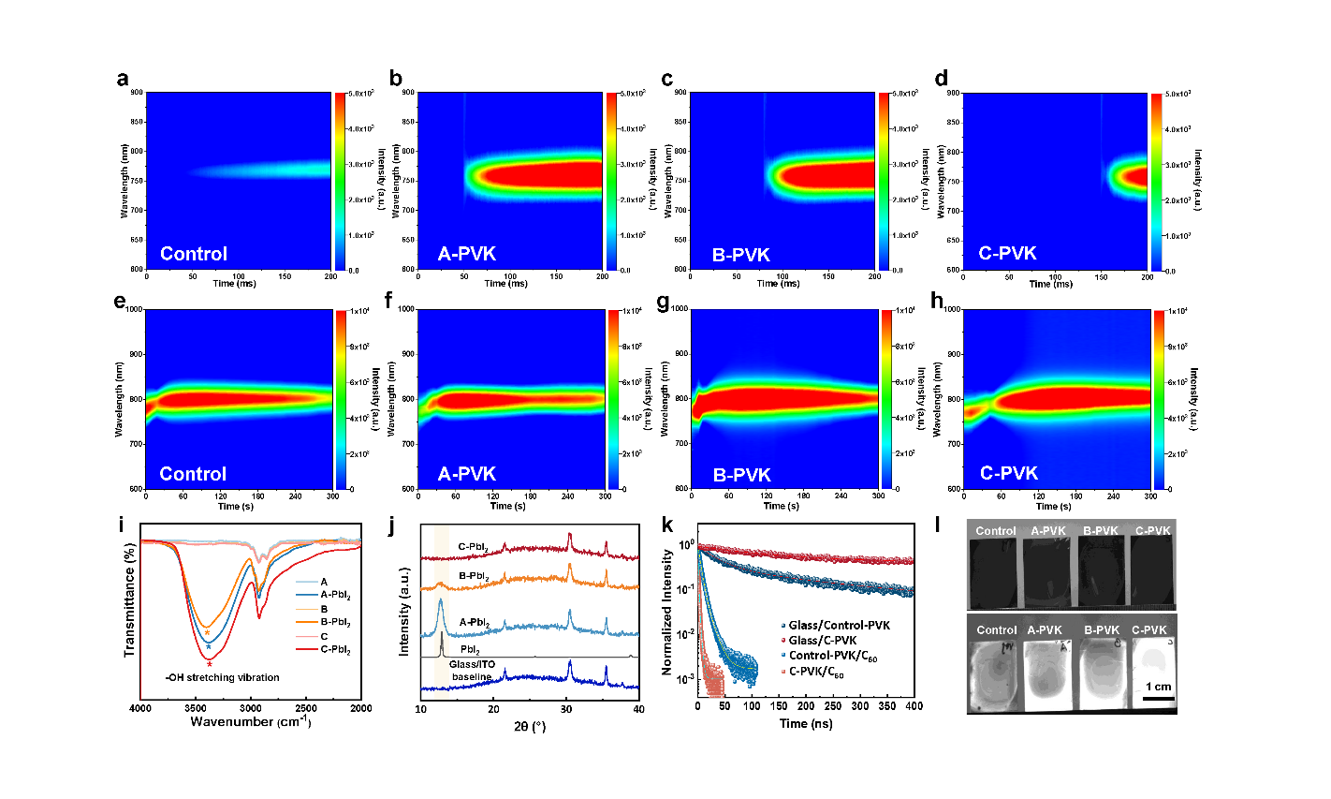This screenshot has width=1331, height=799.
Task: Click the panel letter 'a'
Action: coord(123,80)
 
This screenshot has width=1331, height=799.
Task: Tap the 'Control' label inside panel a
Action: coord(194,254)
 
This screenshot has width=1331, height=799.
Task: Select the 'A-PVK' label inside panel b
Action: coord(467,254)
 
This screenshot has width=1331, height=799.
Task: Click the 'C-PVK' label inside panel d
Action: coord(1007,254)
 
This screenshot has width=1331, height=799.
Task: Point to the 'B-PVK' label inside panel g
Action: coord(742,475)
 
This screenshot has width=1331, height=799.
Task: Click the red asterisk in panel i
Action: coord(209,665)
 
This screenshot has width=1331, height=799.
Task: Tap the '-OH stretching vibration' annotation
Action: coord(221,677)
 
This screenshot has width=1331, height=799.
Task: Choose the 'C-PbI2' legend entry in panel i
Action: coord(336,650)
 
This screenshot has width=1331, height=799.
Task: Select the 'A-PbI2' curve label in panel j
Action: coord(474,622)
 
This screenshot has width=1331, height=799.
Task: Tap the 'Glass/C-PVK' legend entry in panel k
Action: coord(829,641)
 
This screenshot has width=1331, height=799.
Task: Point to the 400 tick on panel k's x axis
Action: coord(914,706)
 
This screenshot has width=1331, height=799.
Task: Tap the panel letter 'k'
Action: coord(668,525)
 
